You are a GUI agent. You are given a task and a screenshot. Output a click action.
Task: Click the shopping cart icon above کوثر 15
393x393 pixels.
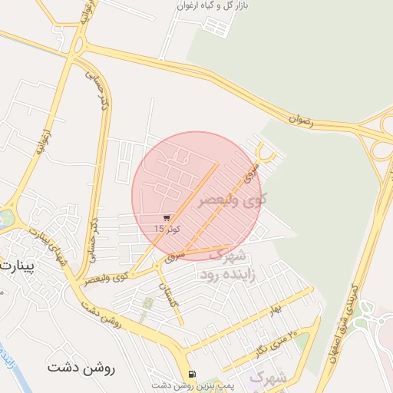[167, 217]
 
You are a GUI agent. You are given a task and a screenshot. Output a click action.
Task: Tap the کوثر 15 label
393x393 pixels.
[167, 229]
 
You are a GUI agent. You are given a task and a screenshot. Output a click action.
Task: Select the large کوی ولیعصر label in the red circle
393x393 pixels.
[233, 200]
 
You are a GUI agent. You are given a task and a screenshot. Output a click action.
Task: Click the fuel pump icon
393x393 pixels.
[190, 375]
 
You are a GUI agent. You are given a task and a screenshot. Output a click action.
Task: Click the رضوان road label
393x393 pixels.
[302, 118]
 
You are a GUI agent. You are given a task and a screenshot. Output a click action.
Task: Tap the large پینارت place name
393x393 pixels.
[15, 268]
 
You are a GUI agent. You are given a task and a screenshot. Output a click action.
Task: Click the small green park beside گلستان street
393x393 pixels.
[147, 305]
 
